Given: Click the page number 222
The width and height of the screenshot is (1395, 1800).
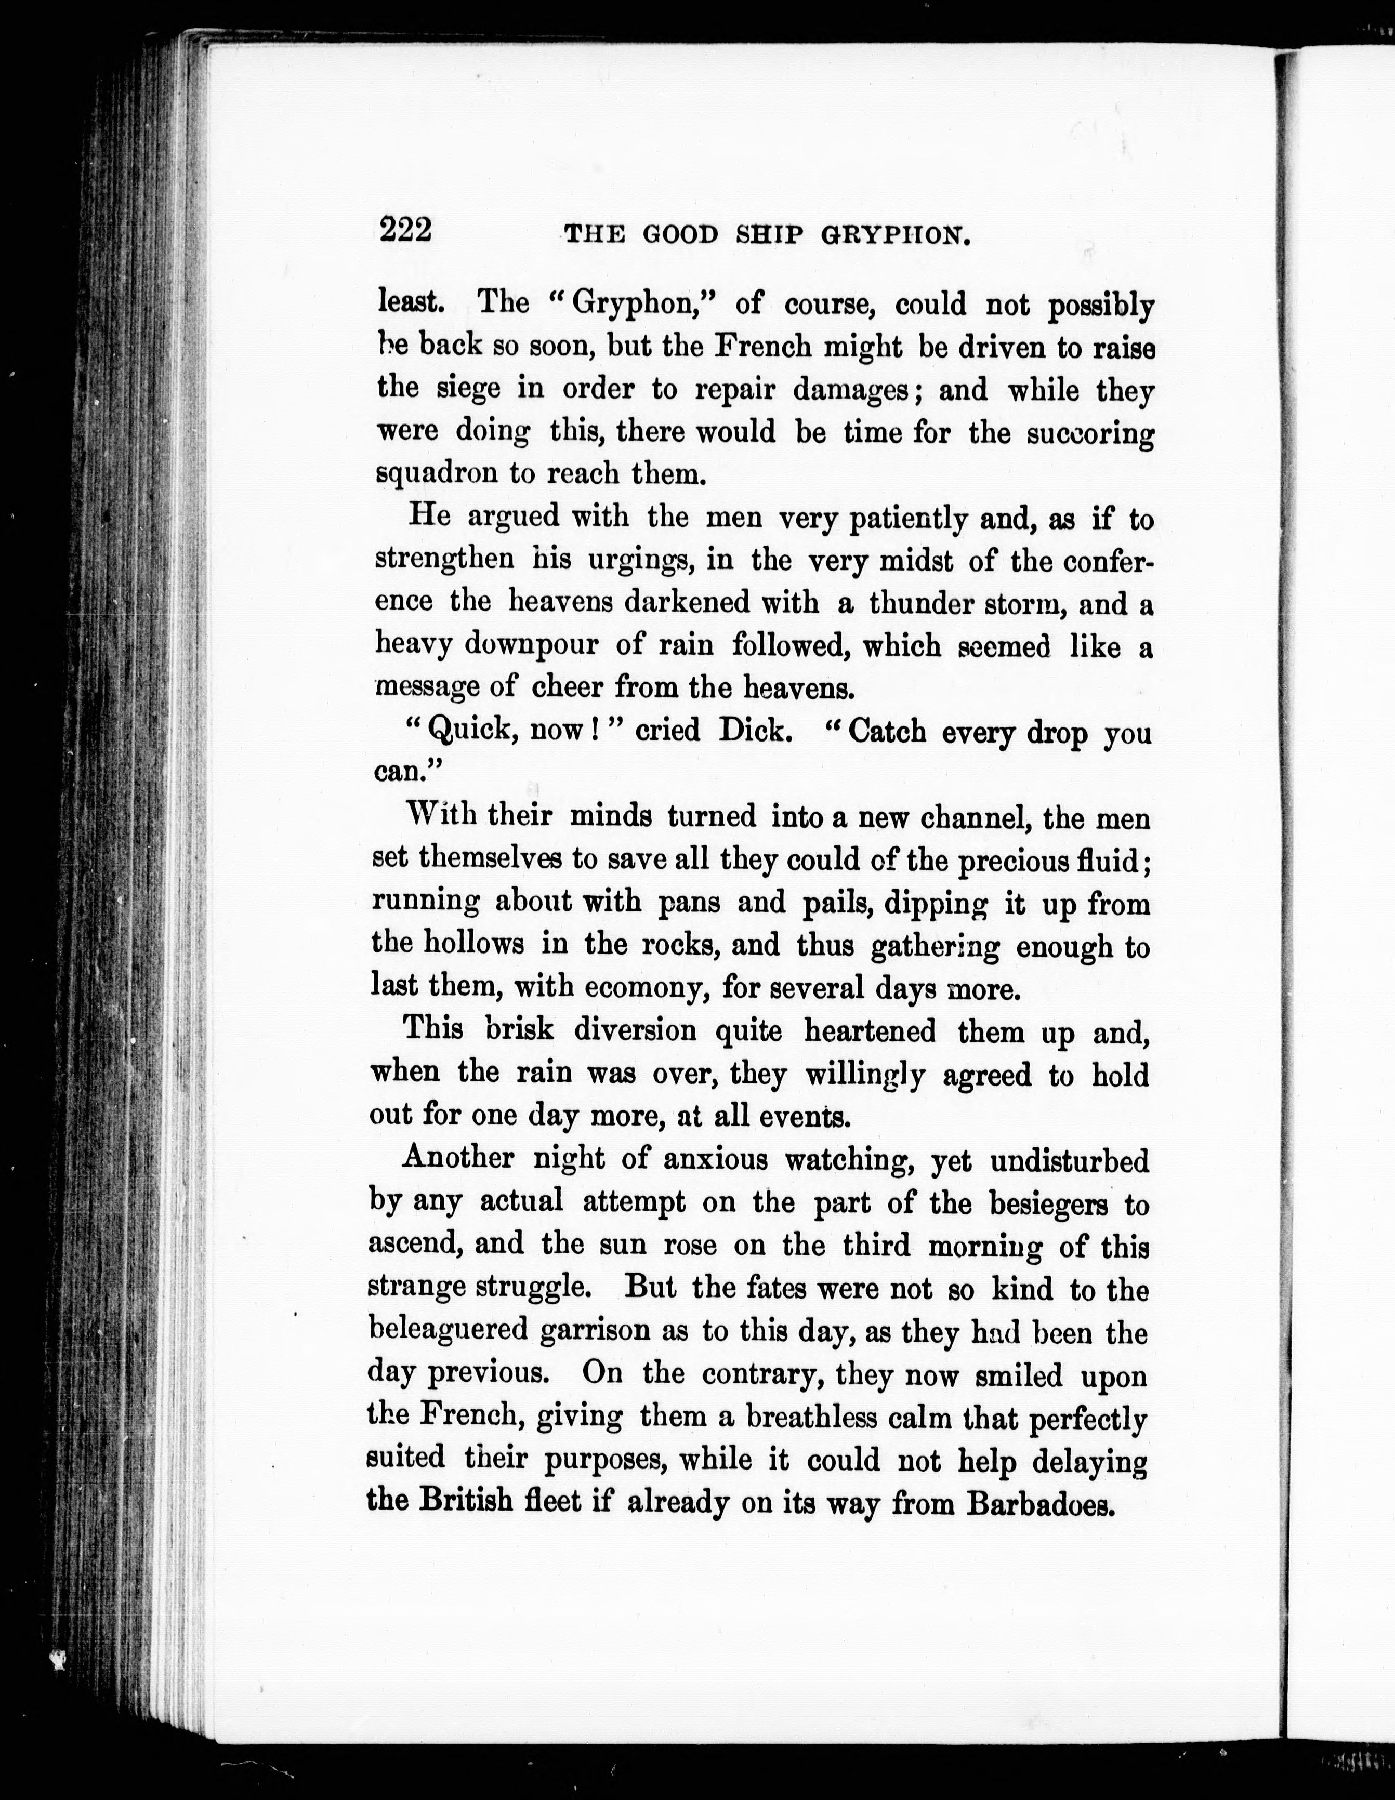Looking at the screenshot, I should click(405, 230).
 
